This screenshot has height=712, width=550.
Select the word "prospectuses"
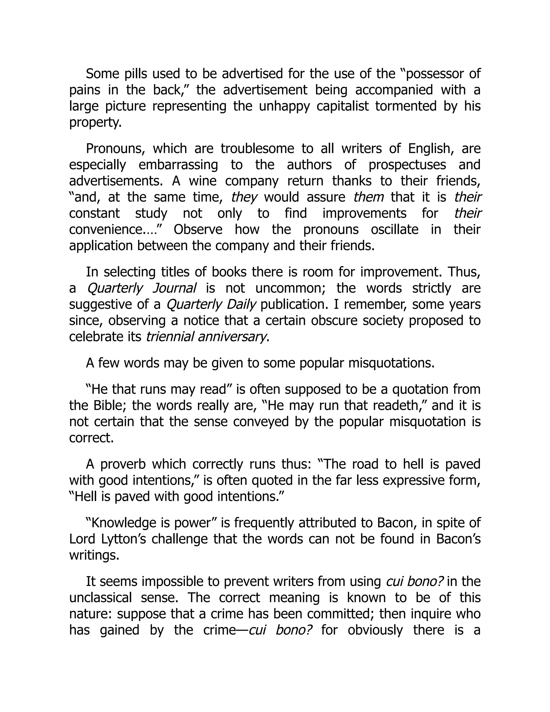pyautogui.click(x=407, y=165)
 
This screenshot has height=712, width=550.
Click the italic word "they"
pyautogui.click(x=244, y=197)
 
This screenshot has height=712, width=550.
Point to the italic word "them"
pyautogui.click(x=368, y=197)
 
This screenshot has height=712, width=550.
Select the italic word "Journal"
pyautogui.click(x=174, y=288)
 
